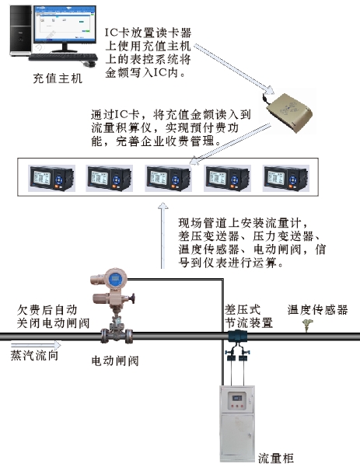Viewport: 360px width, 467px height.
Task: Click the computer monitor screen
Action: (x=65, y=24)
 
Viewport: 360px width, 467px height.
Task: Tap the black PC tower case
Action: (x=20, y=30)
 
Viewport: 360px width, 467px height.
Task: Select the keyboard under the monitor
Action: (x=63, y=58)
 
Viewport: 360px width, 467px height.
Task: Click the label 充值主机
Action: (x=58, y=78)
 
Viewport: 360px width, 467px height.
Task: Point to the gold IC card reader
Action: (x=288, y=113)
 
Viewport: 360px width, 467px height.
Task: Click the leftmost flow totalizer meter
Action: (x=51, y=178)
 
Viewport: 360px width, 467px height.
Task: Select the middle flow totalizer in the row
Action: (x=169, y=178)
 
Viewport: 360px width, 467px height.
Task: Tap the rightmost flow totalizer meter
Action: (x=286, y=178)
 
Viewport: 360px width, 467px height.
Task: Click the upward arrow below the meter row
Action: (x=163, y=235)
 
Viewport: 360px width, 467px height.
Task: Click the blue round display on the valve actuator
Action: (x=115, y=279)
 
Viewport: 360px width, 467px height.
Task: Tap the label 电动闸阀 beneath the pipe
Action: (x=115, y=361)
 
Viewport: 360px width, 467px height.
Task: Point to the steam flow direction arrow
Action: (x=36, y=345)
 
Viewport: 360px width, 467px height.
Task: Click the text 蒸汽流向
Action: (x=34, y=355)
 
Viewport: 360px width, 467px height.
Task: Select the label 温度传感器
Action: (x=318, y=310)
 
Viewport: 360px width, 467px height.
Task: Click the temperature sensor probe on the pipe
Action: (x=307, y=326)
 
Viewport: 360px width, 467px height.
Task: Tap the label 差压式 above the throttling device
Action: (x=243, y=310)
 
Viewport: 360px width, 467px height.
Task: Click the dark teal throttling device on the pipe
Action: (x=237, y=336)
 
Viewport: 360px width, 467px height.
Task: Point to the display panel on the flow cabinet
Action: (x=237, y=397)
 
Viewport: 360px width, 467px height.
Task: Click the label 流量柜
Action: (x=276, y=458)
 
